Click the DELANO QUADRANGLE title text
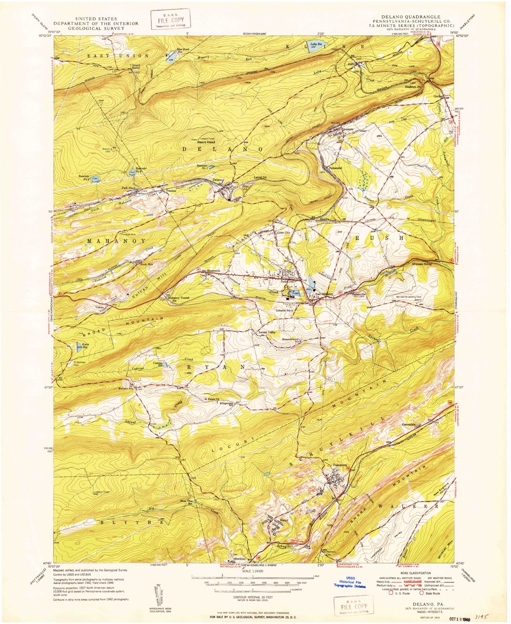[410, 17]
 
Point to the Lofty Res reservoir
[314, 47]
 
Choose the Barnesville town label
[360, 294]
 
